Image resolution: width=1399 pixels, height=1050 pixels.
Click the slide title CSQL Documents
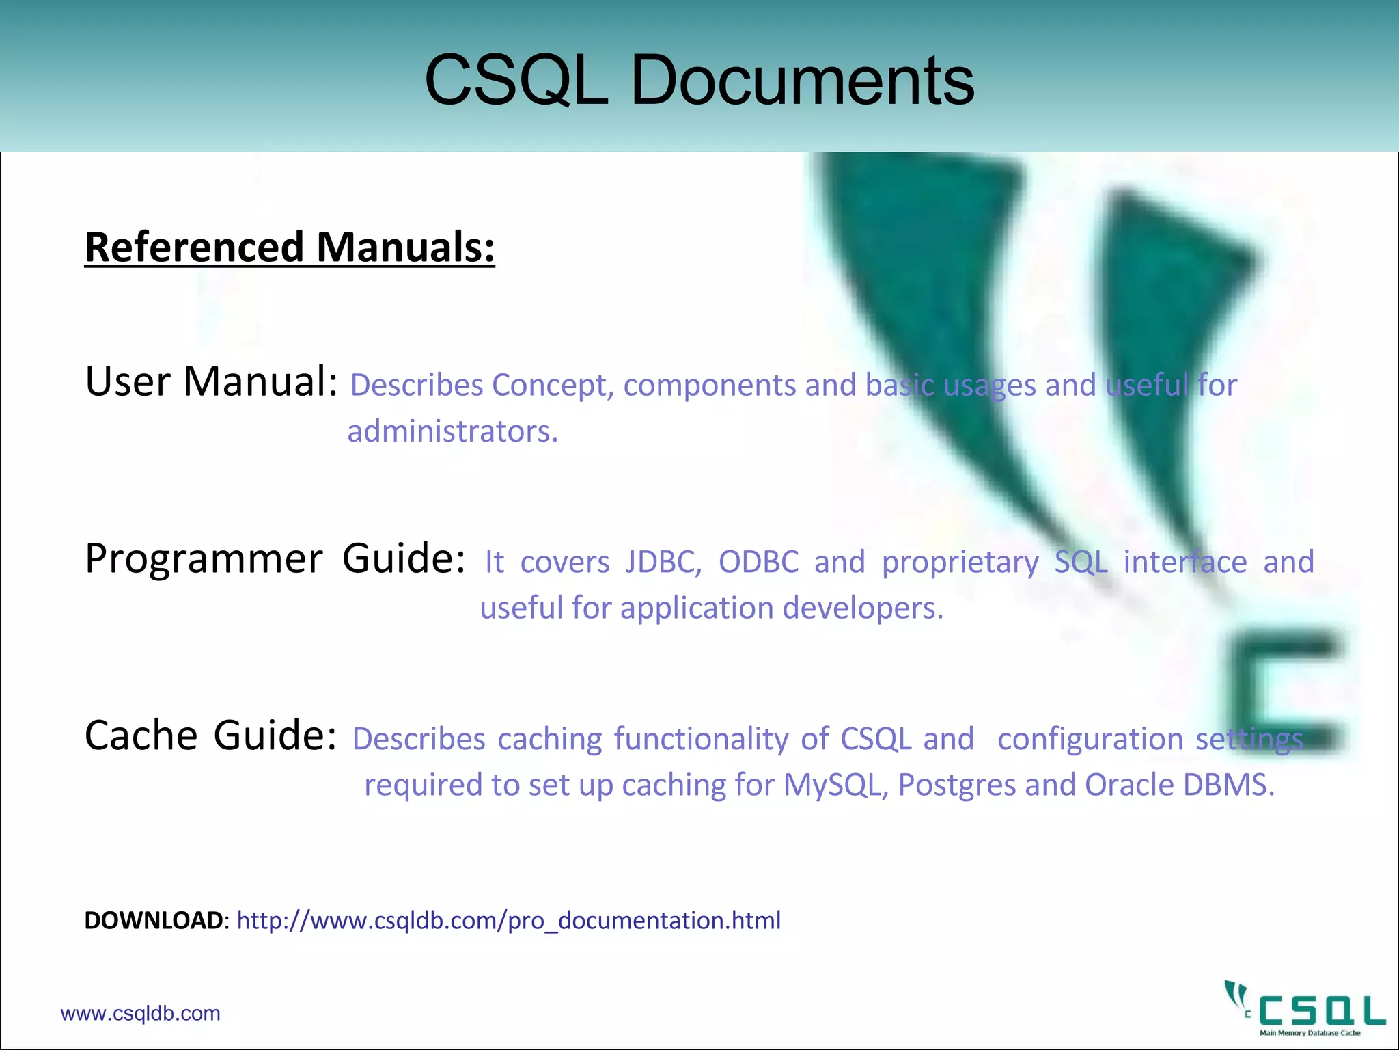[x=699, y=81]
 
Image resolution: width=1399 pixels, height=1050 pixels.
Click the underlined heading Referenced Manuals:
[x=290, y=247]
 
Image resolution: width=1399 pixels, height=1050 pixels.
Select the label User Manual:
[x=211, y=381]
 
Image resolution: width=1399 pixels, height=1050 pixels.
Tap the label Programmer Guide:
[x=275, y=558]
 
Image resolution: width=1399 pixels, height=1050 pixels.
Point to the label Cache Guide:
[x=210, y=736]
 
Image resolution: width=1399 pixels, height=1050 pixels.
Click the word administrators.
[x=452, y=431]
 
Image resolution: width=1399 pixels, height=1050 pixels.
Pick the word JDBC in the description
[x=663, y=562]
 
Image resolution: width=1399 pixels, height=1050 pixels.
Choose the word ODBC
[x=758, y=562]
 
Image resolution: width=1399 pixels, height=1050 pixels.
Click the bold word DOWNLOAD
[x=154, y=921]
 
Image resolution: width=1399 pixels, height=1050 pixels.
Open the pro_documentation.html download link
[x=508, y=921]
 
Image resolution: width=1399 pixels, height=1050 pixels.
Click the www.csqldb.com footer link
[x=140, y=1013]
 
